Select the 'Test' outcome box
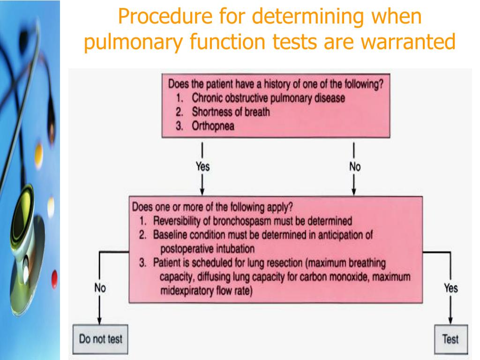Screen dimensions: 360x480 tap(450, 339)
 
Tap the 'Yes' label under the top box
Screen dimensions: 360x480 tap(202, 166)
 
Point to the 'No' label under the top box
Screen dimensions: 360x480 tap(354, 166)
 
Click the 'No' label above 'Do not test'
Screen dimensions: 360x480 tap(99, 288)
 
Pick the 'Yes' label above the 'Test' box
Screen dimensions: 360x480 tap(450, 288)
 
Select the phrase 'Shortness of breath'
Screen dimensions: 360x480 tap(231, 112)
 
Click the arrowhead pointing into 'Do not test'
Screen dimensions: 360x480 tap(99, 321)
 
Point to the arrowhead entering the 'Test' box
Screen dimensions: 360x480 tap(450, 321)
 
